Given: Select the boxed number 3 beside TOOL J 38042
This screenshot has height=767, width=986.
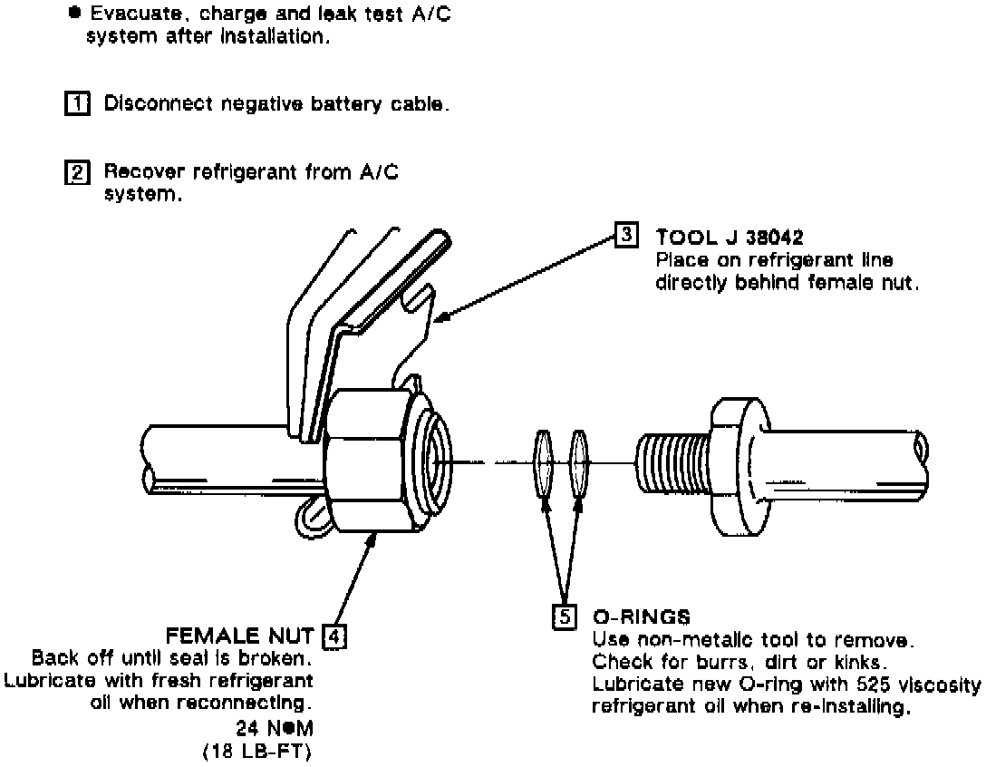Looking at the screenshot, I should point(627,236).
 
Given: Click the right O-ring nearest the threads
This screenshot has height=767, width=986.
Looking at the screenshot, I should point(577,463).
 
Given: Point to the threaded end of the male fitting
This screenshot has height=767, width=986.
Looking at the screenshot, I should point(672,463).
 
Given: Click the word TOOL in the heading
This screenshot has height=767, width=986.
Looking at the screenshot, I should point(682,238).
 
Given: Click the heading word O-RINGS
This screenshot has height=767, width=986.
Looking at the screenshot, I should point(641,617).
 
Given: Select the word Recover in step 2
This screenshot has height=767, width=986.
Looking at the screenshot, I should point(136,170).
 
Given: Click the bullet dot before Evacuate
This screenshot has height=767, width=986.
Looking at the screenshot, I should point(70,15).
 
